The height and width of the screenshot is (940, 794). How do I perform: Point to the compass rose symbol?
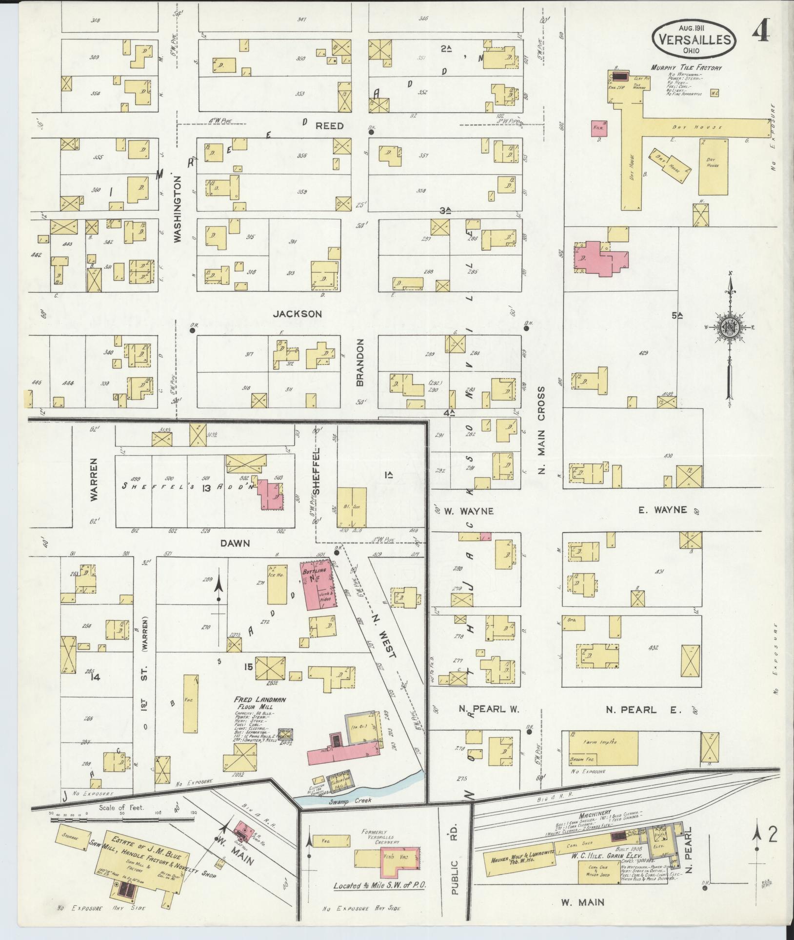point(730,327)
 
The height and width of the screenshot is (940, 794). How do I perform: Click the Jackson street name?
point(297,314)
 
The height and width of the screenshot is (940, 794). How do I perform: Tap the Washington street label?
point(178,210)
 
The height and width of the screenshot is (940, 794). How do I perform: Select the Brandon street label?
point(360,363)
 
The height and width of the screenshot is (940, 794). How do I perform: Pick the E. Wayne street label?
point(662,510)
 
